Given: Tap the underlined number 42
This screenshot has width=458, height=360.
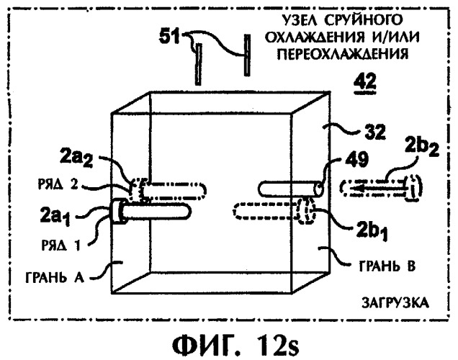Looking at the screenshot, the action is [x=365, y=82].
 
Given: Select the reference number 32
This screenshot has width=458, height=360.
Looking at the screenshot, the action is [x=375, y=132].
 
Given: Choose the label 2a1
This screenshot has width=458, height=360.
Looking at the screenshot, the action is [x=55, y=216].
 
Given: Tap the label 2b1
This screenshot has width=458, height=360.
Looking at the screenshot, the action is [x=372, y=231].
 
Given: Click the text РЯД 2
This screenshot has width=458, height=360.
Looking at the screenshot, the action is [x=58, y=184].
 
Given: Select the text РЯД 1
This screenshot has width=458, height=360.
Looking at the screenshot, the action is [x=60, y=246].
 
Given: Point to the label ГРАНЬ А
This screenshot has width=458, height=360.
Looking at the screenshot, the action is [x=55, y=277].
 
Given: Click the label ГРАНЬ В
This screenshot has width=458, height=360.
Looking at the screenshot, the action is [x=387, y=266].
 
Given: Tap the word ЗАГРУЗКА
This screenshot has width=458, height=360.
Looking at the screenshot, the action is [x=395, y=303].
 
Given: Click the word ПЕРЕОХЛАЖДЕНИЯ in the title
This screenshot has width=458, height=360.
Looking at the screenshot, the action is [x=342, y=54].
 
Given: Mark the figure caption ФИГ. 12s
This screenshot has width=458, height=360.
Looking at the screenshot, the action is [x=235, y=345].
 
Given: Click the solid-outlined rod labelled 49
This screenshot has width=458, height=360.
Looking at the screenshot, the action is [x=291, y=189].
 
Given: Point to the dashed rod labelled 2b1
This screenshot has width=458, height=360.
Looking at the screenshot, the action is [x=274, y=211].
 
